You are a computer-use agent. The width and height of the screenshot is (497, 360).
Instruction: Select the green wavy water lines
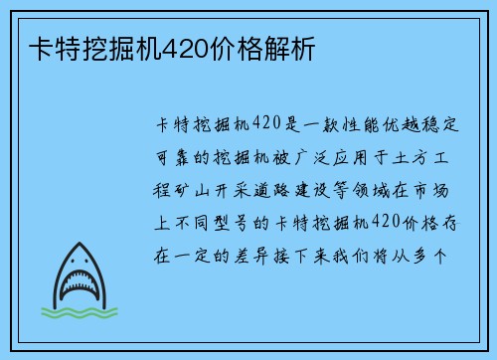pos(77,316)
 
